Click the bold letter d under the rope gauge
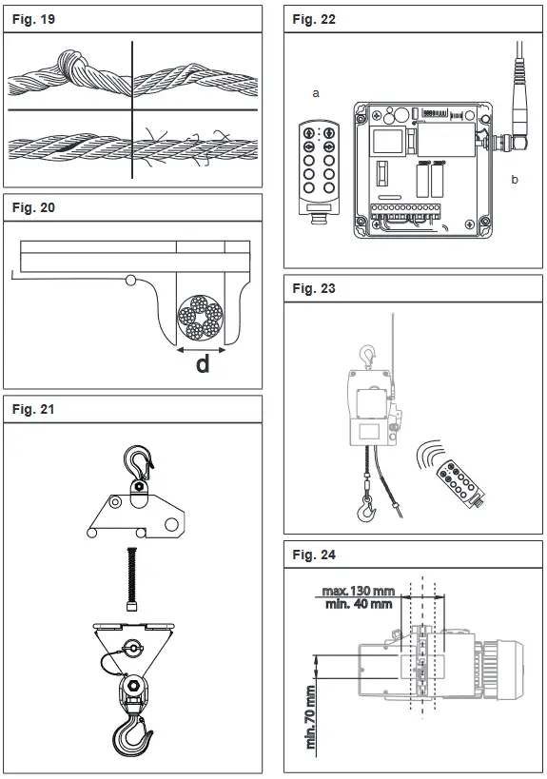click(x=203, y=362)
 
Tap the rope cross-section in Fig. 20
click(x=201, y=316)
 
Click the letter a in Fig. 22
click(x=314, y=93)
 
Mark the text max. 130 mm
click(x=356, y=589)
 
